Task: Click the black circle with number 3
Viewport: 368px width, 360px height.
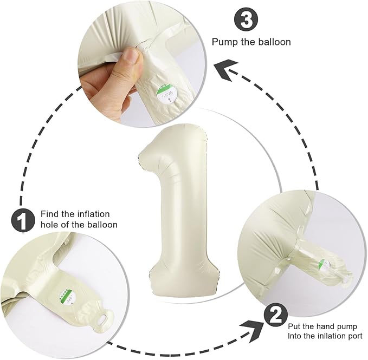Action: click(246, 20)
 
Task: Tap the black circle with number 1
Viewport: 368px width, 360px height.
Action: click(23, 221)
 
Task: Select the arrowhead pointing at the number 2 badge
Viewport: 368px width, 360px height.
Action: click(253, 331)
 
